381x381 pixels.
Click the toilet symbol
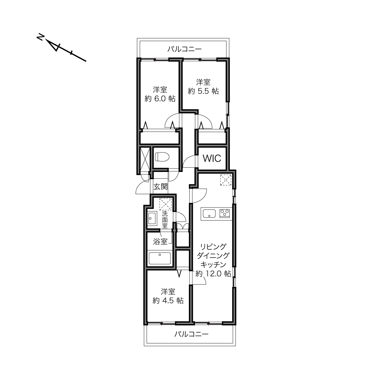coord(162,157)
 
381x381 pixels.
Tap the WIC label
coord(212,158)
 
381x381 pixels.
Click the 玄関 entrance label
coord(161,187)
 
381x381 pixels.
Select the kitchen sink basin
coord(209,214)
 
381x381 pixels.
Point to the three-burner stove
coord(225,214)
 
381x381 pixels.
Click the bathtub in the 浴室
coord(160,258)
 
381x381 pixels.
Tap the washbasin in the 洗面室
coord(152,218)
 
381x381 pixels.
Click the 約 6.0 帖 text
coord(160,99)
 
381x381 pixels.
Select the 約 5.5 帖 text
coord(203,91)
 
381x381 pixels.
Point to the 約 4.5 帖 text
coord(168,301)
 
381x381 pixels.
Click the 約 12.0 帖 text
coord(213,274)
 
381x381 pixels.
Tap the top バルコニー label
coord(184,49)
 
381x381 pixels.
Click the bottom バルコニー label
coord(191,334)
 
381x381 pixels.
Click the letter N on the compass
coord(40,37)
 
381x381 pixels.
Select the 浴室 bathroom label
coord(160,241)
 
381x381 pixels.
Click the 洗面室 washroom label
coord(165,219)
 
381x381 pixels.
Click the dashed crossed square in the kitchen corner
coord(226,180)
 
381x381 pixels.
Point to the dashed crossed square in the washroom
coord(166,204)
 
